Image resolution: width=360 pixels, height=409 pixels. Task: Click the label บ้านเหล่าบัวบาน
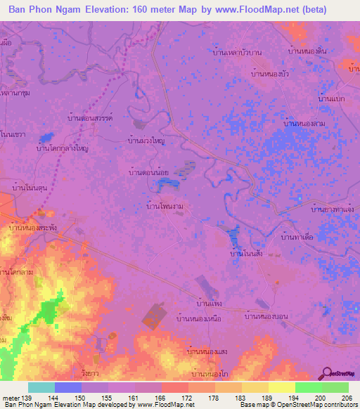(x=238, y=52)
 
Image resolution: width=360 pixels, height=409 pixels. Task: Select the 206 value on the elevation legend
(x=346, y=398)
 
